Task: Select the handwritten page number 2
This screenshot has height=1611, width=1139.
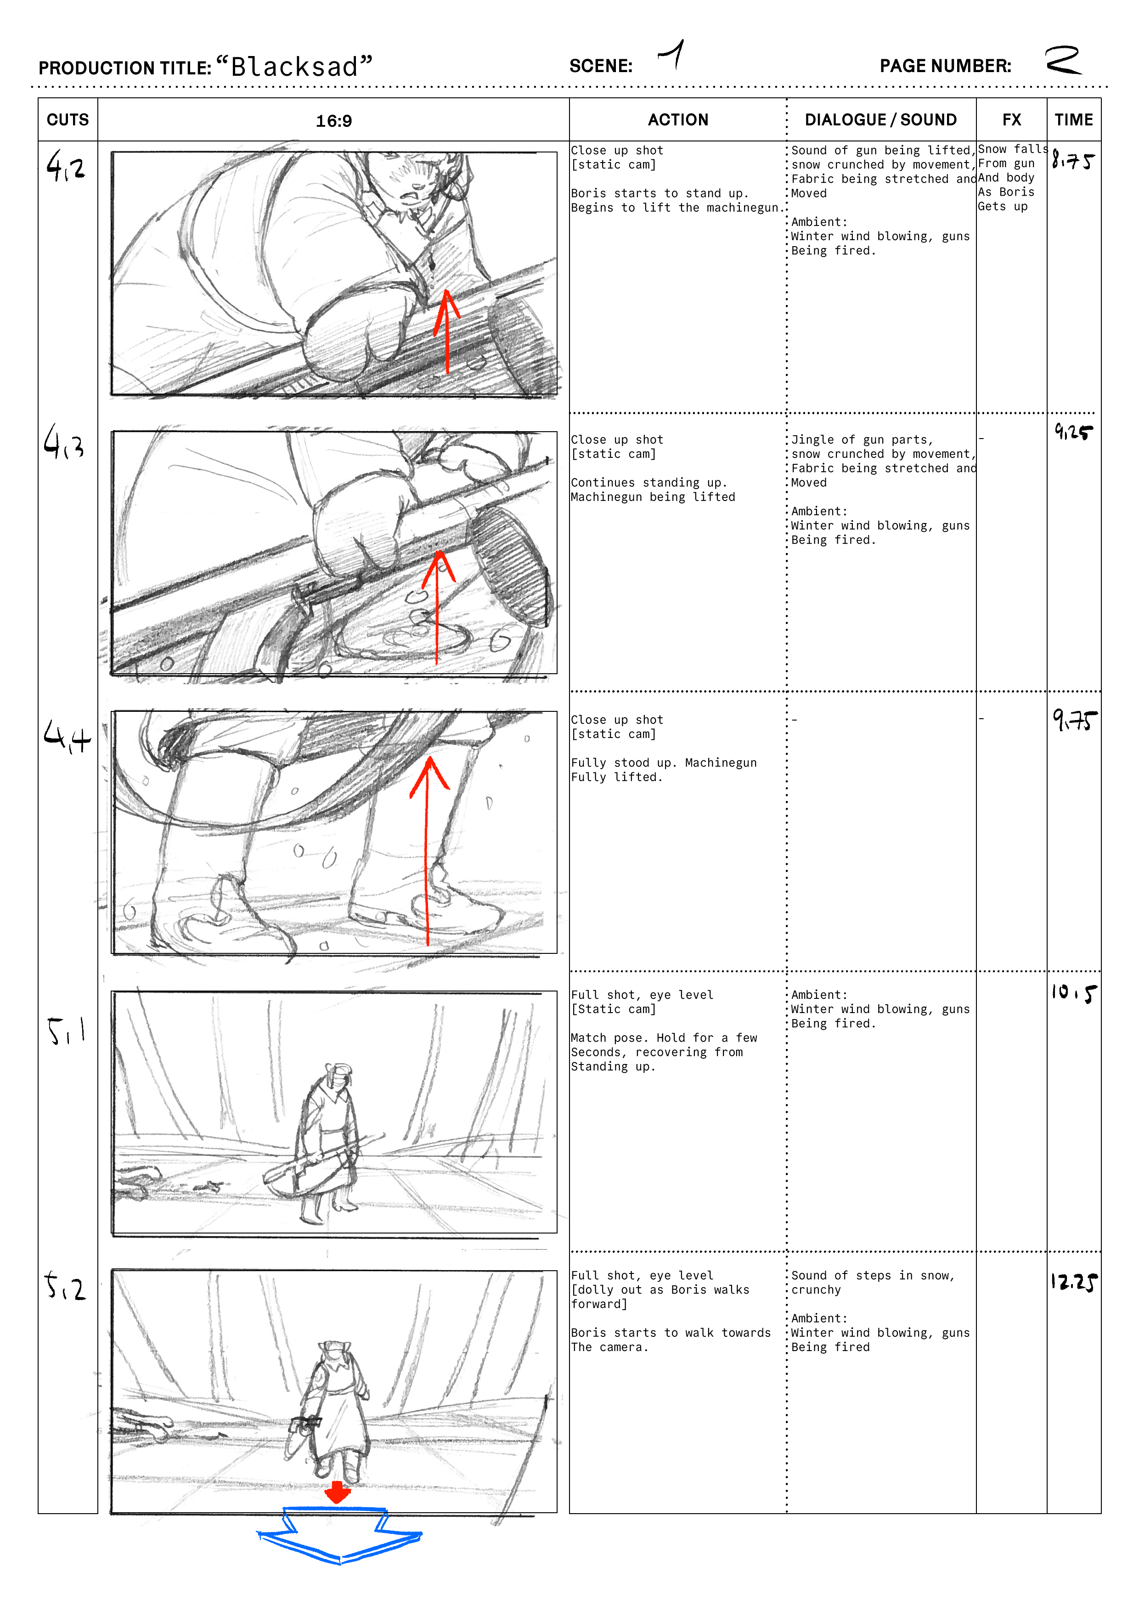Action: pyautogui.click(x=1062, y=60)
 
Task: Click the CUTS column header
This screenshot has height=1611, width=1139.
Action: pyautogui.click(x=68, y=120)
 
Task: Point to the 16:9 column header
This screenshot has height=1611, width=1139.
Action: pyautogui.click(x=333, y=121)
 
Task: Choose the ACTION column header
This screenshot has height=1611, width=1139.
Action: pyautogui.click(x=678, y=120)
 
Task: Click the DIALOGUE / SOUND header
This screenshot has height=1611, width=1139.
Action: pyautogui.click(x=881, y=120)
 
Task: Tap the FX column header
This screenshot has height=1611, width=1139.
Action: pyautogui.click(x=1011, y=120)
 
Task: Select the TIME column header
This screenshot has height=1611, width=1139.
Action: pyautogui.click(x=1074, y=120)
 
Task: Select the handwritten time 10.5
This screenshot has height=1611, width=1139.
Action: pyautogui.click(x=1073, y=993)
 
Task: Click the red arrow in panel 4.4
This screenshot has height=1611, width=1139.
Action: pyautogui.click(x=428, y=851)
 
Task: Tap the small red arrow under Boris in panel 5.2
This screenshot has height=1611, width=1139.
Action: pyautogui.click(x=338, y=1493)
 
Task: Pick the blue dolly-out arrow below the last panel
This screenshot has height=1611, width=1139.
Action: pyautogui.click(x=340, y=1537)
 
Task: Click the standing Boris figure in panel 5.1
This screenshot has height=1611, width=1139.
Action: pyautogui.click(x=327, y=1142)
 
